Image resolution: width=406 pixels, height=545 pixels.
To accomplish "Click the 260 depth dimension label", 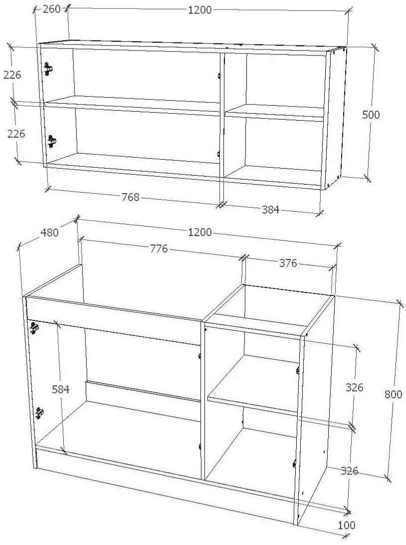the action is point(52,9).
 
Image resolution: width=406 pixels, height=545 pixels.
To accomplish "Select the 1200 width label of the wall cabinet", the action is point(200,10).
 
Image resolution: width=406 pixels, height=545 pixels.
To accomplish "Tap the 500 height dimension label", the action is point(371,114).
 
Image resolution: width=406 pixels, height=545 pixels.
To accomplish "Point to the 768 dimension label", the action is point(130,197).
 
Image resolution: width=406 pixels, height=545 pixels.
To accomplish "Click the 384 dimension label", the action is point(270,210).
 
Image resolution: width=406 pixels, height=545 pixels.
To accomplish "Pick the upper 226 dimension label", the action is point(12,75).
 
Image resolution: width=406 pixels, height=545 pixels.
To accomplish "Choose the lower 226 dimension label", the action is point(16,133).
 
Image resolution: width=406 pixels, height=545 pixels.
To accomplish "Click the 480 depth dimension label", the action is point(50,233).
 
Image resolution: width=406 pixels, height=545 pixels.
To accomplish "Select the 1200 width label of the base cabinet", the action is point(200,232).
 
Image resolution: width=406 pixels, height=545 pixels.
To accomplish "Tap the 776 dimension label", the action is point(159,249).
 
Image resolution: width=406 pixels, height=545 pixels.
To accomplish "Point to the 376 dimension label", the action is point(288,263).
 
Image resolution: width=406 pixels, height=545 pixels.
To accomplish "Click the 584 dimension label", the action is point(61,389).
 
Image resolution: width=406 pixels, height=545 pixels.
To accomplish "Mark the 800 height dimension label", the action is point(393,394).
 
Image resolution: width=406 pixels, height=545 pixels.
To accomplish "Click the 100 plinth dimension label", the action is point(347,525).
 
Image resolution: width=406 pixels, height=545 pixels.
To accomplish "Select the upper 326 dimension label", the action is point(354,387).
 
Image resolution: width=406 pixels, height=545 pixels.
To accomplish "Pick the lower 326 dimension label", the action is point(349,471).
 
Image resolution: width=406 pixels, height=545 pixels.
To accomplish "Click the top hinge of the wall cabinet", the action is point(48,69).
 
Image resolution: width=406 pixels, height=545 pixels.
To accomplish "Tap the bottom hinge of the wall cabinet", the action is point(52,141).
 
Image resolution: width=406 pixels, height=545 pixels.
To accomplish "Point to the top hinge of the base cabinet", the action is point(34,327).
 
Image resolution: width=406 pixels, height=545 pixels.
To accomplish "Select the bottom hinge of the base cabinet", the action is point(39,413).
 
